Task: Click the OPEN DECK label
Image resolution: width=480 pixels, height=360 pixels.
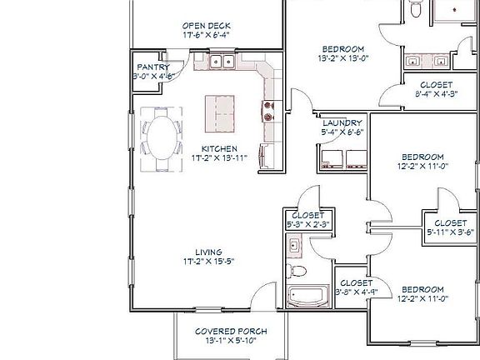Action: tap(206, 24)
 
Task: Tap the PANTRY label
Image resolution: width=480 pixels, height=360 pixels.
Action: tap(152, 67)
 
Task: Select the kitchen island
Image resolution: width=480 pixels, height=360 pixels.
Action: tap(221, 109)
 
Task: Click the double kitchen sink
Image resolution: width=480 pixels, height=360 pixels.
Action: tap(222, 61)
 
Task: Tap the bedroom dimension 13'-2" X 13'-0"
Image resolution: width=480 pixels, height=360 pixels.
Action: tap(342, 58)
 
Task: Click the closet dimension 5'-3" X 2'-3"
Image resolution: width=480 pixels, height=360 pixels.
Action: tap(309, 223)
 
